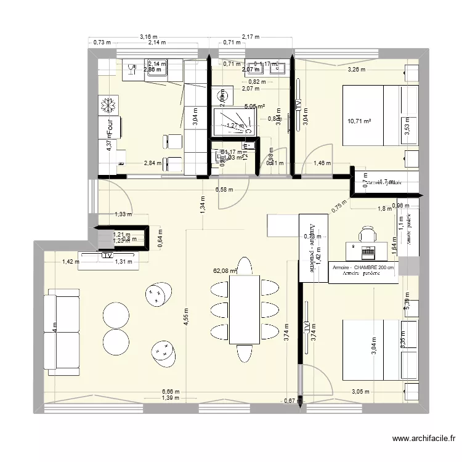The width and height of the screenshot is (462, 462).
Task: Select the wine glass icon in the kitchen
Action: tap(132, 70)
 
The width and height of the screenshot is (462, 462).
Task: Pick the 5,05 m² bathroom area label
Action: tap(254, 107)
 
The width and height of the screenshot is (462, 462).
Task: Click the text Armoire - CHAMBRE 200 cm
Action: tap(363, 268)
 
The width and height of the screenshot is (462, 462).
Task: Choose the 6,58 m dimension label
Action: tap(224, 190)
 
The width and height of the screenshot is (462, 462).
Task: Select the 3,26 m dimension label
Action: tap(356, 70)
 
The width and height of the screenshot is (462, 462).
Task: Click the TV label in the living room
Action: tap(108, 255)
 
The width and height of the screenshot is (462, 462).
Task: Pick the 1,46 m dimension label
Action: tap(322, 164)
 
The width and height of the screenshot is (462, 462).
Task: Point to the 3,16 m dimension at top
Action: tap(148, 37)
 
